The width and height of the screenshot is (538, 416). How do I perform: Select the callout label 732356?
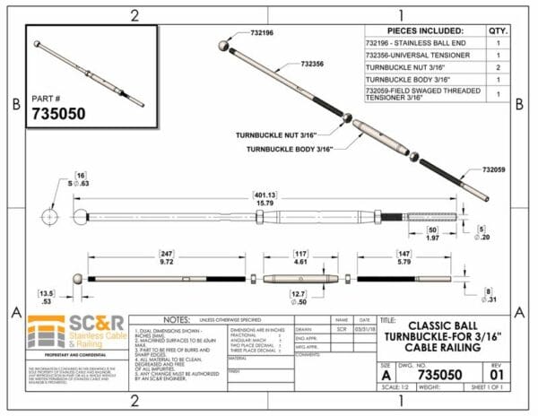[x=312, y=65]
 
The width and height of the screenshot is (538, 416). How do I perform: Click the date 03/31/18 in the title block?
[x=364, y=329]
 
